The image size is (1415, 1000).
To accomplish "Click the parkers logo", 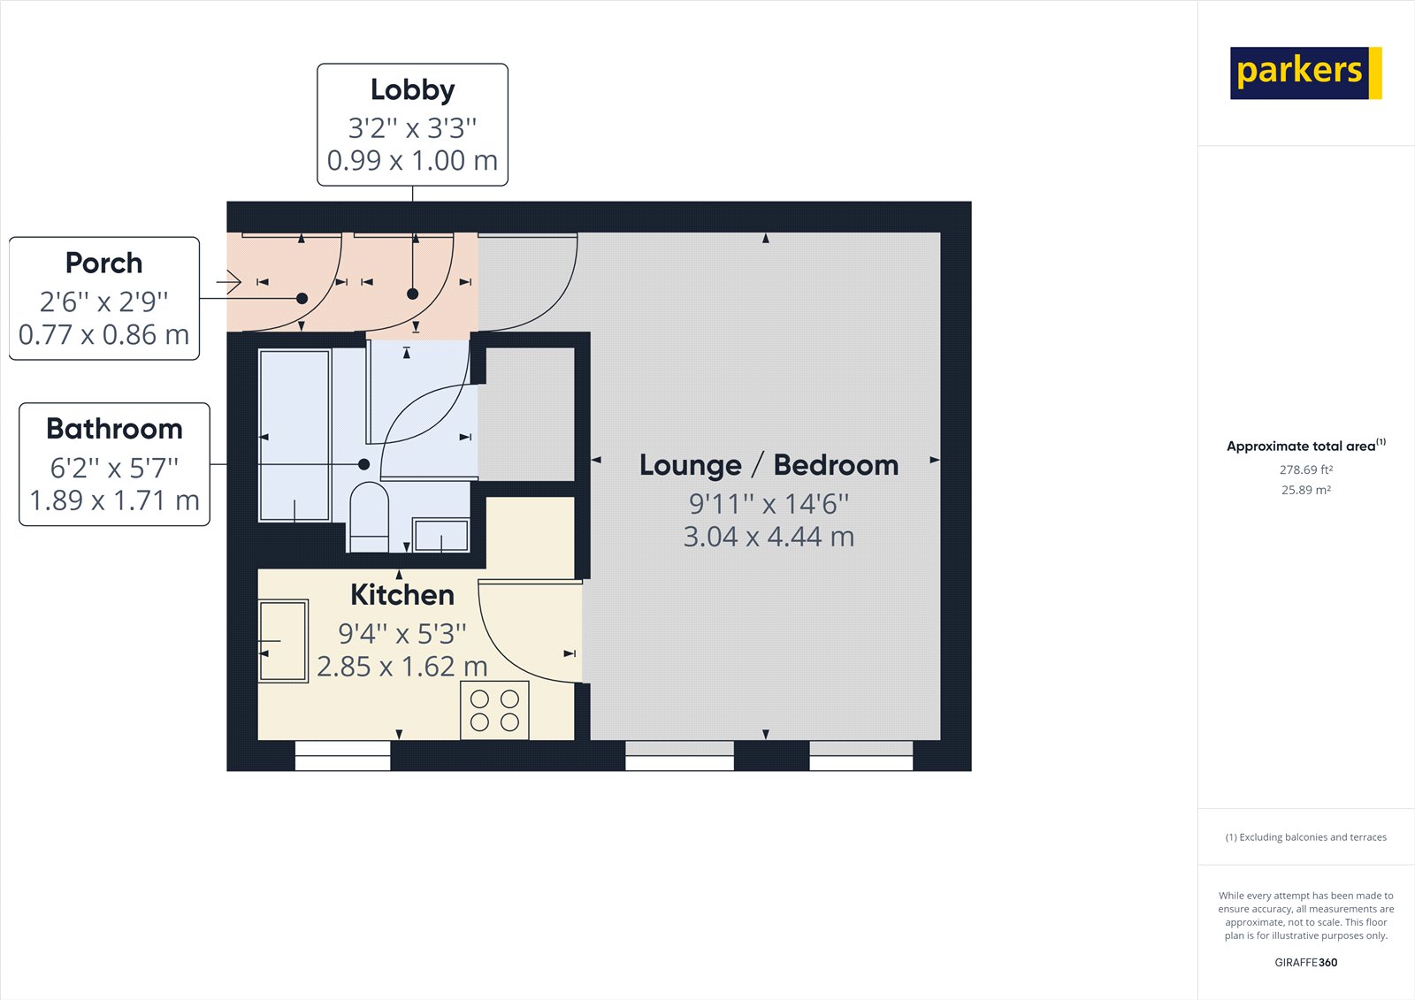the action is (1305, 73).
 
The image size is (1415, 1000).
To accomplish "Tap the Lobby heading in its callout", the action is (412, 89).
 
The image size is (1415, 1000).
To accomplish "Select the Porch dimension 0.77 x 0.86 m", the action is (104, 335).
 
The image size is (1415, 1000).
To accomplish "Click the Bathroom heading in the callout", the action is (114, 429).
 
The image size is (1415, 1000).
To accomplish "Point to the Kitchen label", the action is (402, 594).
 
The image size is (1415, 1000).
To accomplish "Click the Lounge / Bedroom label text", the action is (769, 465).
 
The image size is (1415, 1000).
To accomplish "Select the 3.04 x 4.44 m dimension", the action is (769, 537).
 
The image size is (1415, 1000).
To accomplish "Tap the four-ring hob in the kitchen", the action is (494, 710).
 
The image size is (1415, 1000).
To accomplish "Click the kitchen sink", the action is (283, 640).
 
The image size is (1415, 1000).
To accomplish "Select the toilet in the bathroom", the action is (370, 517).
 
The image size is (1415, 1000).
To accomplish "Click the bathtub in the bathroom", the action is (295, 436).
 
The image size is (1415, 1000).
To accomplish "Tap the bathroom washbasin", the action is (441, 535).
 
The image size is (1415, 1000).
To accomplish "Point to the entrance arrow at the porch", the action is (229, 282).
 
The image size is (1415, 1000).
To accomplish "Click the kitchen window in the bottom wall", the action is (343, 756).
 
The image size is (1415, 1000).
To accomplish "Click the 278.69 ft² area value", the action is (1305, 469).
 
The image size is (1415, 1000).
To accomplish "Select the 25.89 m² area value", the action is (1305, 490).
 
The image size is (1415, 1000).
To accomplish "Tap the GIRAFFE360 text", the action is (1305, 962).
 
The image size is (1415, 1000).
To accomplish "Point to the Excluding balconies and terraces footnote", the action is (1305, 837).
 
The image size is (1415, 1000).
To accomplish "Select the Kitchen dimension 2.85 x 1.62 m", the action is (402, 667).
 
